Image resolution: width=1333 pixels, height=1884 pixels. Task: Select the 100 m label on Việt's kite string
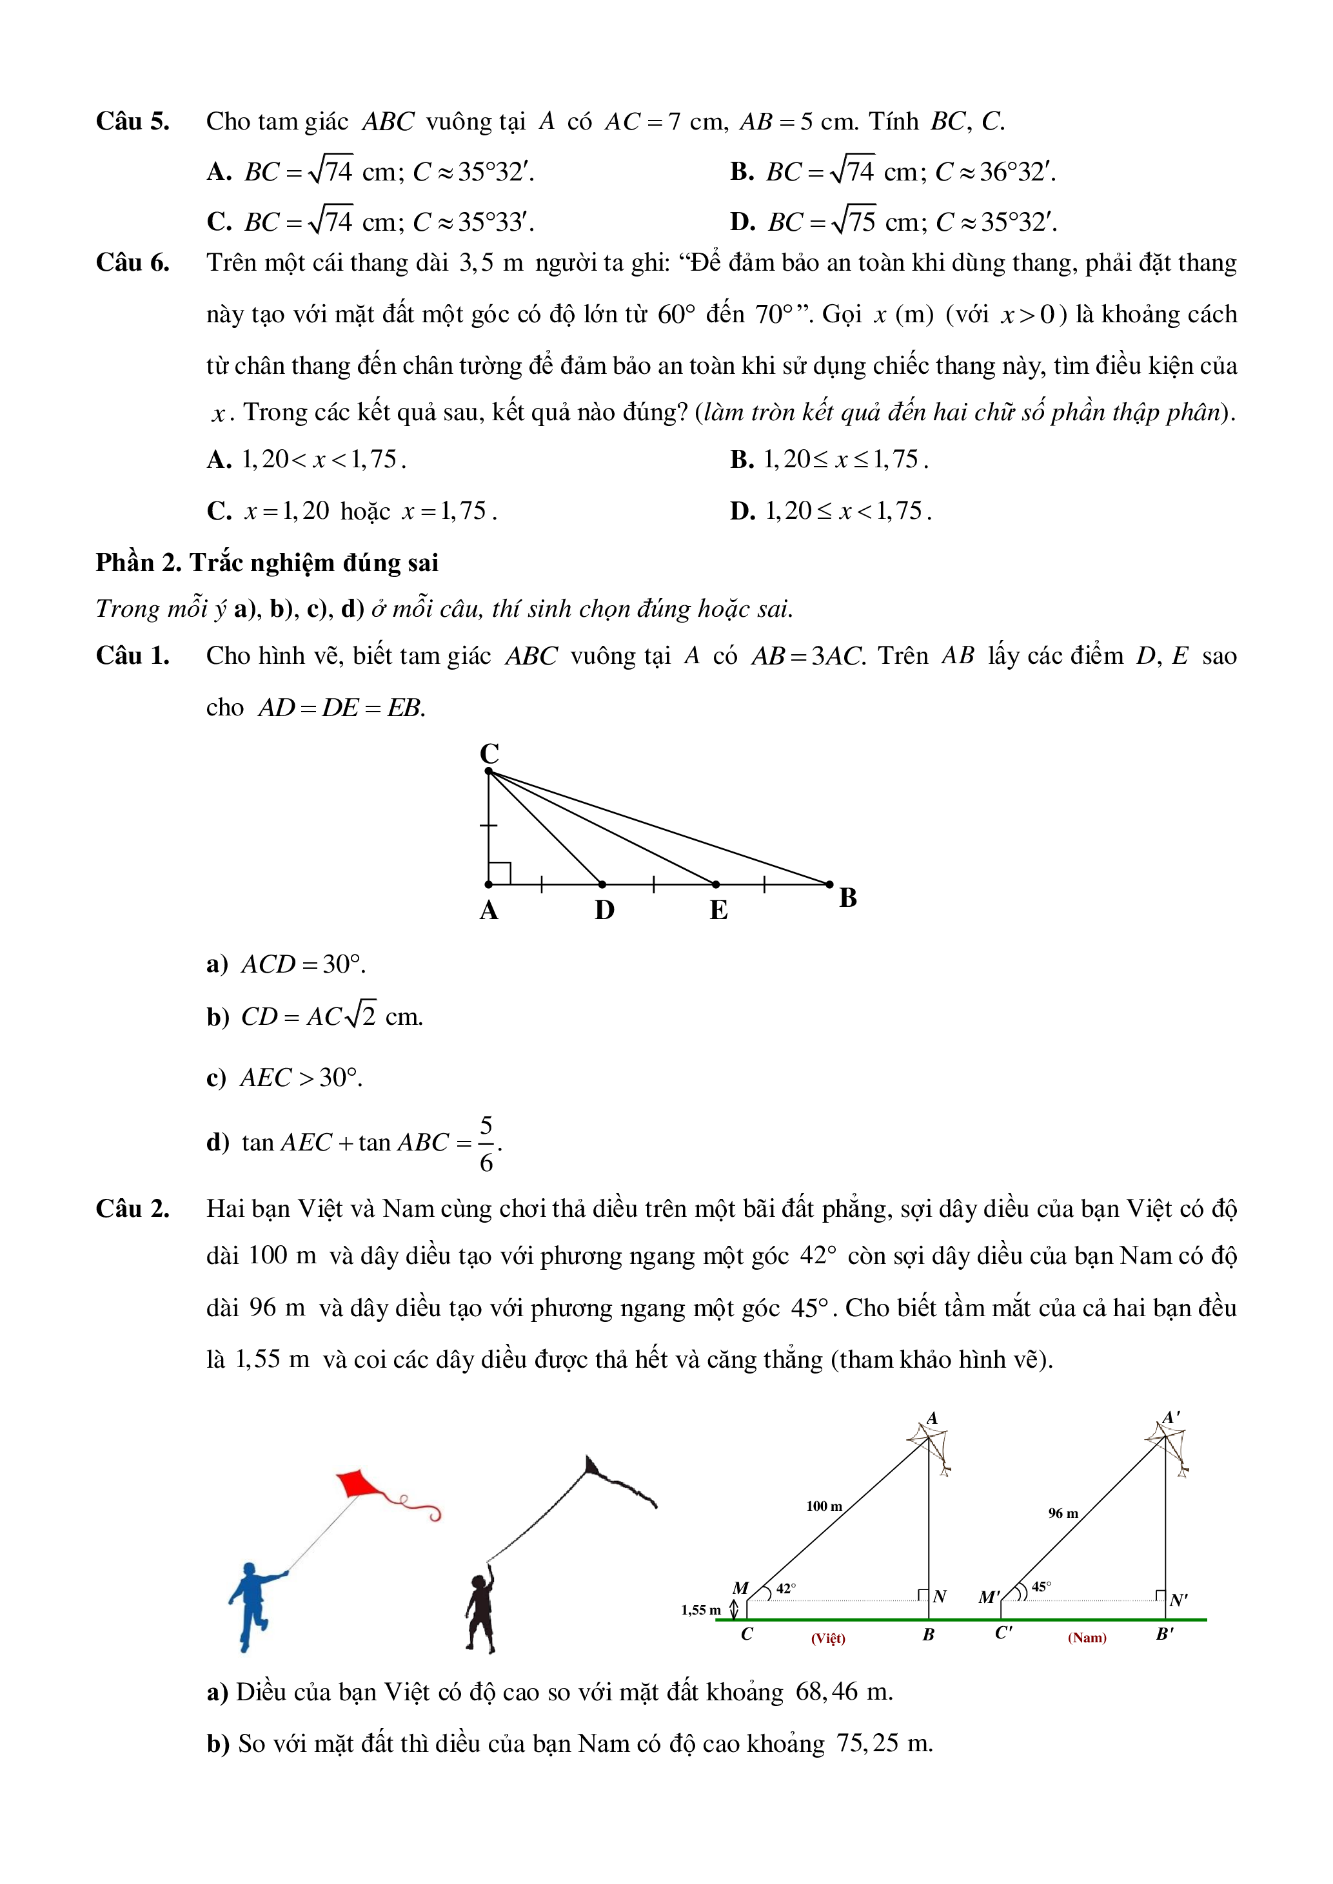(824, 1506)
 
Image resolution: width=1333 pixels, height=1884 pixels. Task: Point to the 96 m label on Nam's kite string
(1062, 1512)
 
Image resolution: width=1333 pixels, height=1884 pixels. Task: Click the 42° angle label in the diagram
(785, 1589)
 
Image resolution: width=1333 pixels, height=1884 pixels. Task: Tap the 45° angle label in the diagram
(1041, 1587)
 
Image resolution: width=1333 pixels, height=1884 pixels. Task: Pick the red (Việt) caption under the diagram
(827, 1638)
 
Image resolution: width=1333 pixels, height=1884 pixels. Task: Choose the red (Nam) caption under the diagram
(1087, 1638)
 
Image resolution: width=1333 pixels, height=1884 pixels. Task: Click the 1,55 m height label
(700, 1610)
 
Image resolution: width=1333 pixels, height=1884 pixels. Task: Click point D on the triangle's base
(602, 884)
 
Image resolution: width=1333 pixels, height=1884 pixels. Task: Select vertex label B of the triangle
(848, 898)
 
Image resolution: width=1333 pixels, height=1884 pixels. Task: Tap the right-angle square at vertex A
(500, 873)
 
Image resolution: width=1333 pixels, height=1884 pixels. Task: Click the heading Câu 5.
(132, 121)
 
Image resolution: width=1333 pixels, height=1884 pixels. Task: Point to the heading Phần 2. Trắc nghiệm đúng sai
(267, 563)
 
